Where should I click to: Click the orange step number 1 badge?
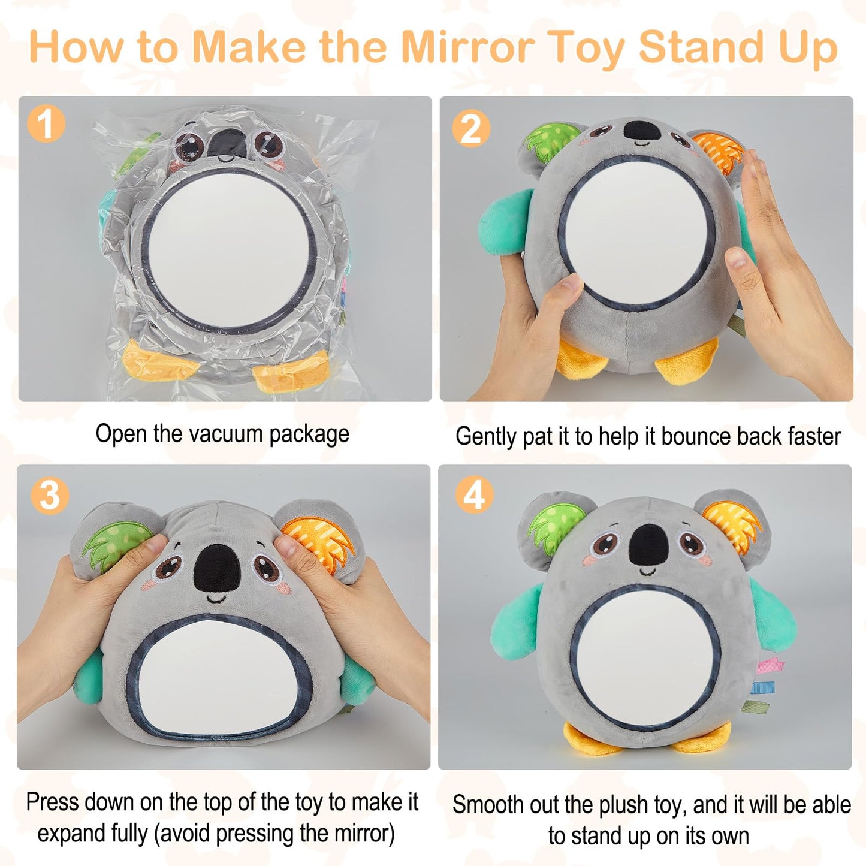(46, 124)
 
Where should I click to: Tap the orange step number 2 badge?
(471, 129)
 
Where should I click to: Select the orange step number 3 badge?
(50, 496)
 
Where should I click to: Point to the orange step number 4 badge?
(474, 496)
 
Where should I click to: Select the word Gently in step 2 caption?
(486, 436)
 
